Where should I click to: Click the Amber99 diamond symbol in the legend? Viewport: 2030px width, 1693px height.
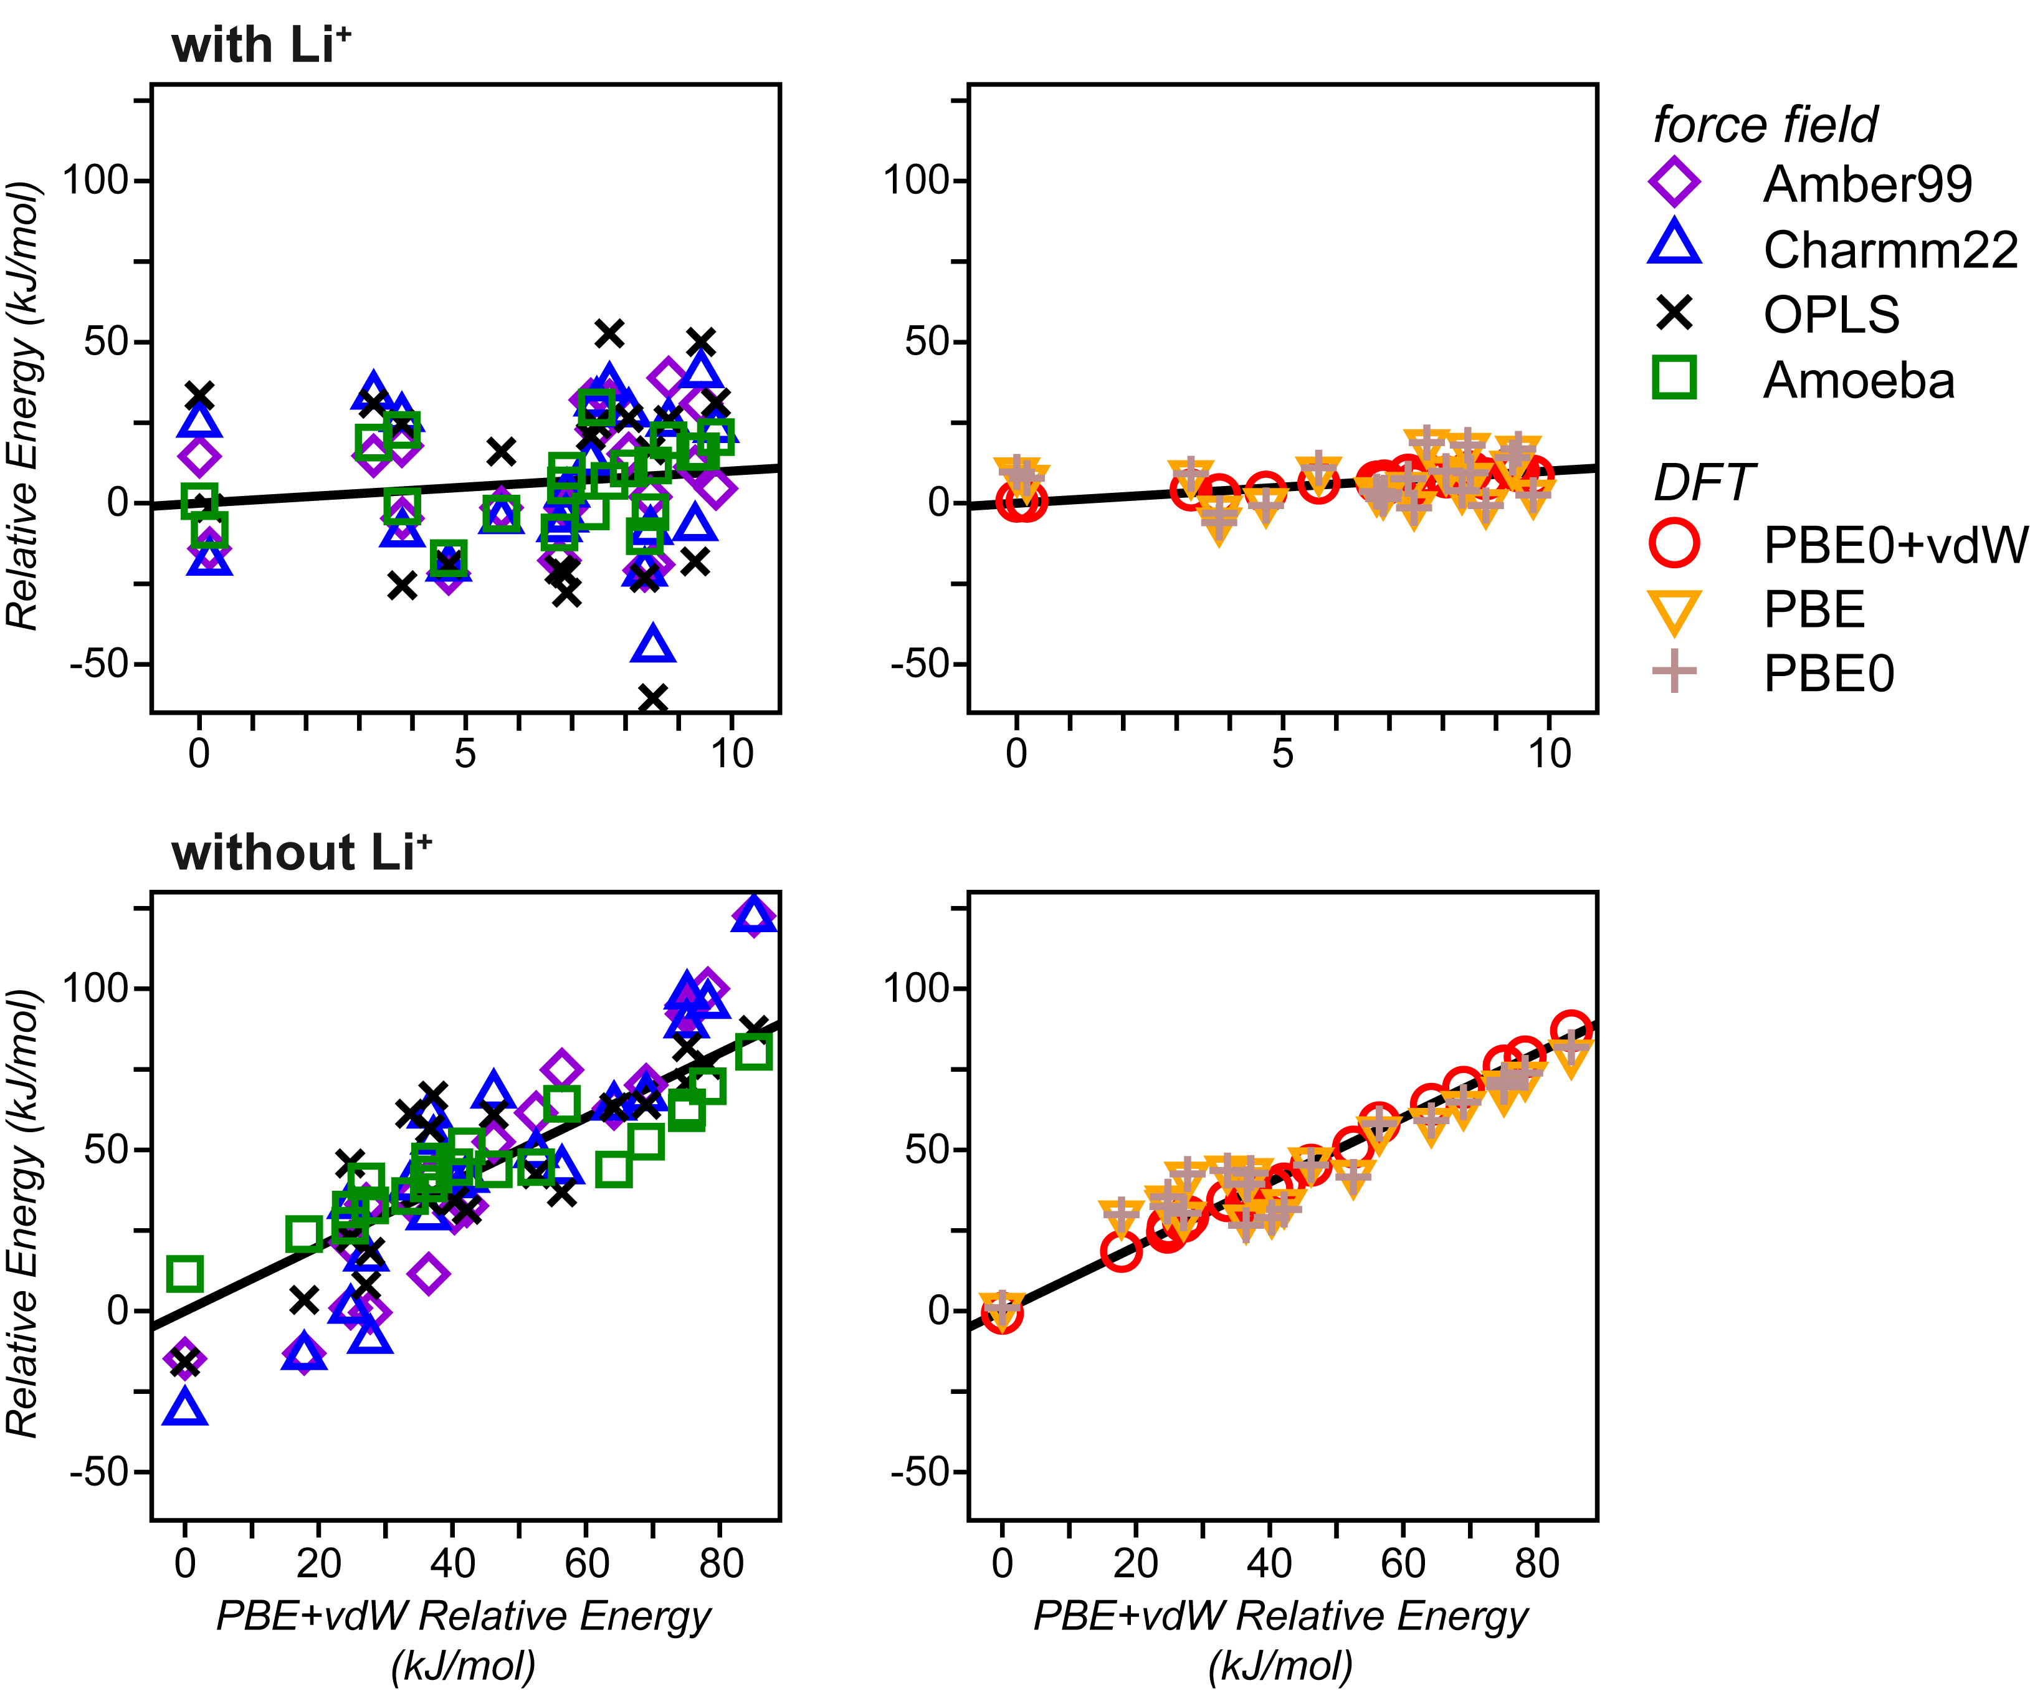tap(1674, 182)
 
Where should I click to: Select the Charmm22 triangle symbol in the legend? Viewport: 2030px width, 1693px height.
tap(1674, 246)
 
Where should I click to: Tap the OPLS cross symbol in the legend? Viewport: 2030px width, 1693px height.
tap(1674, 312)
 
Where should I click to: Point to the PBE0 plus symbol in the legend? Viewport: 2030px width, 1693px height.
tap(1674, 671)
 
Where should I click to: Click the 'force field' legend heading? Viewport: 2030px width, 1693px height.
tap(1764, 124)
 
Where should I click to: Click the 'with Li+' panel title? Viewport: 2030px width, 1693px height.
tap(261, 45)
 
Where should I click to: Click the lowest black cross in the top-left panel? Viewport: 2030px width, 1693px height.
tap(652, 697)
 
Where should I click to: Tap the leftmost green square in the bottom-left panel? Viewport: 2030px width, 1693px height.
tap(184, 1274)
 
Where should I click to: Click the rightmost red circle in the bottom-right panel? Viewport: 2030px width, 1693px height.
tap(1571, 1031)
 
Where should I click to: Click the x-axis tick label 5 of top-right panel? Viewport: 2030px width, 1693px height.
tap(1283, 752)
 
